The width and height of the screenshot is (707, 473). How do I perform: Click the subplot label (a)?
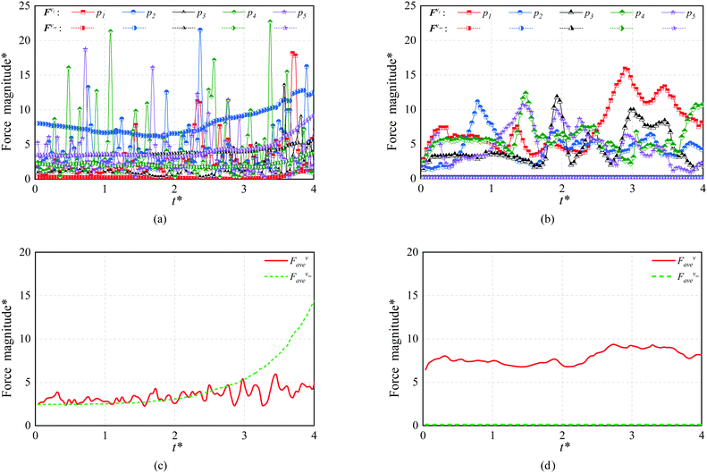point(173,215)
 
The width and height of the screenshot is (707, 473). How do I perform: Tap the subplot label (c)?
point(173,462)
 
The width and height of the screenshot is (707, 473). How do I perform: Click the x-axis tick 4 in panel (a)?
point(312,189)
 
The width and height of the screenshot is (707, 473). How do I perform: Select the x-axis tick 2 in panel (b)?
point(562,189)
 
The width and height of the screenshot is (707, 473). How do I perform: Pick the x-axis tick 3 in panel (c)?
point(243,435)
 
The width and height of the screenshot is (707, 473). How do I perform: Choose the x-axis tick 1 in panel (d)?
point(492,435)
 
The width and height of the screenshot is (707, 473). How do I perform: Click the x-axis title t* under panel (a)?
point(173,199)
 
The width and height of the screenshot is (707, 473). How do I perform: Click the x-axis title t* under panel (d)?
point(563,446)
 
